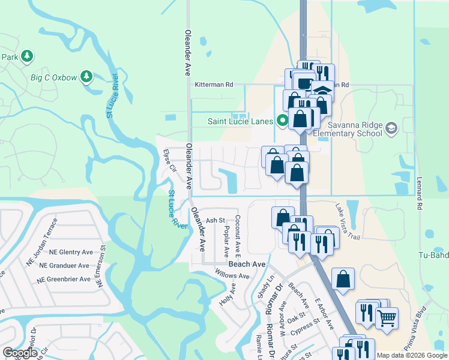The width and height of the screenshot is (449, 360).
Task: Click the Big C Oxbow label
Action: (x=54, y=77)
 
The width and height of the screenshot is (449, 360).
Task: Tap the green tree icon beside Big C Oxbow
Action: (x=87, y=77)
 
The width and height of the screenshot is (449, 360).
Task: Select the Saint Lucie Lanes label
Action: (x=240, y=121)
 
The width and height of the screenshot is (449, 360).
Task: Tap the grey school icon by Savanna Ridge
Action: (x=392, y=128)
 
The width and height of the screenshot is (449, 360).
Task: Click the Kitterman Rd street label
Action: (x=213, y=85)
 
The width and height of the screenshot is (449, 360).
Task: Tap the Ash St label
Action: (x=215, y=221)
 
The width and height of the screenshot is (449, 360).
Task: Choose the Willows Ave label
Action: (x=232, y=276)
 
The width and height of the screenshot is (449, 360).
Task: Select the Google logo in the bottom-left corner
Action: (x=20, y=353)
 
